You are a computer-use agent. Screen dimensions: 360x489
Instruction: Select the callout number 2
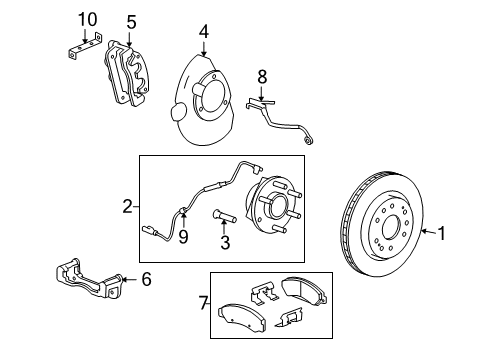coord(127,207)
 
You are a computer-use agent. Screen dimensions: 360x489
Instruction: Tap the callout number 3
coord(225,243)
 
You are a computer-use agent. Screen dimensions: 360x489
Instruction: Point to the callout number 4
coord(203,31)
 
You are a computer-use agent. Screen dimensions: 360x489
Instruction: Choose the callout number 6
coord(147,280)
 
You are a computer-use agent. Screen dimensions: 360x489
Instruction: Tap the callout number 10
coord(88,20)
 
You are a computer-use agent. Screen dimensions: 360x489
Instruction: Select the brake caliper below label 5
coord(129,72)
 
